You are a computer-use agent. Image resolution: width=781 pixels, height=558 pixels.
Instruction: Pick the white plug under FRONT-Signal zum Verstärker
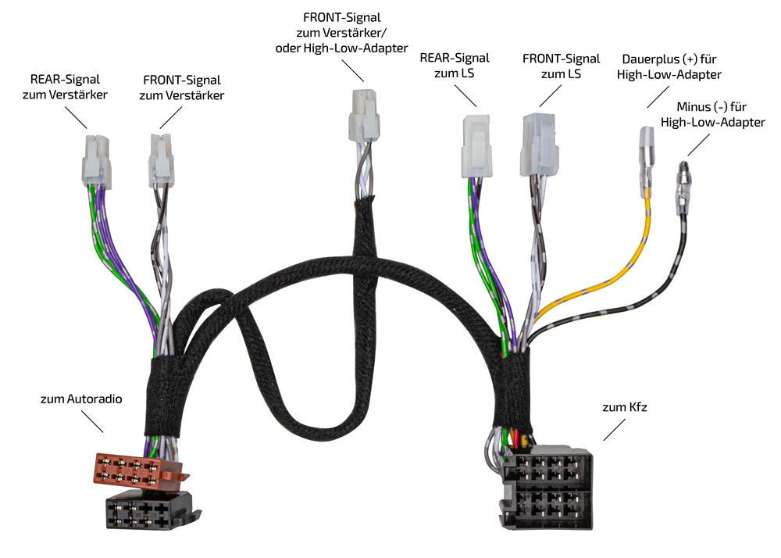[161, 159]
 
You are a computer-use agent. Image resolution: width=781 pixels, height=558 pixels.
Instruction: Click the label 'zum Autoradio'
[81, 399]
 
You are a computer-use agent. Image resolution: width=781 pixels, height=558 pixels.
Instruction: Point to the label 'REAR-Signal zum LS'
[455, 66]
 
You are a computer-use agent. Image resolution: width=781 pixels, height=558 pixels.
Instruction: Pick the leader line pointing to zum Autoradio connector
[91, 420]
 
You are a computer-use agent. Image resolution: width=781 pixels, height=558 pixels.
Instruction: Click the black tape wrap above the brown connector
[164, 399]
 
